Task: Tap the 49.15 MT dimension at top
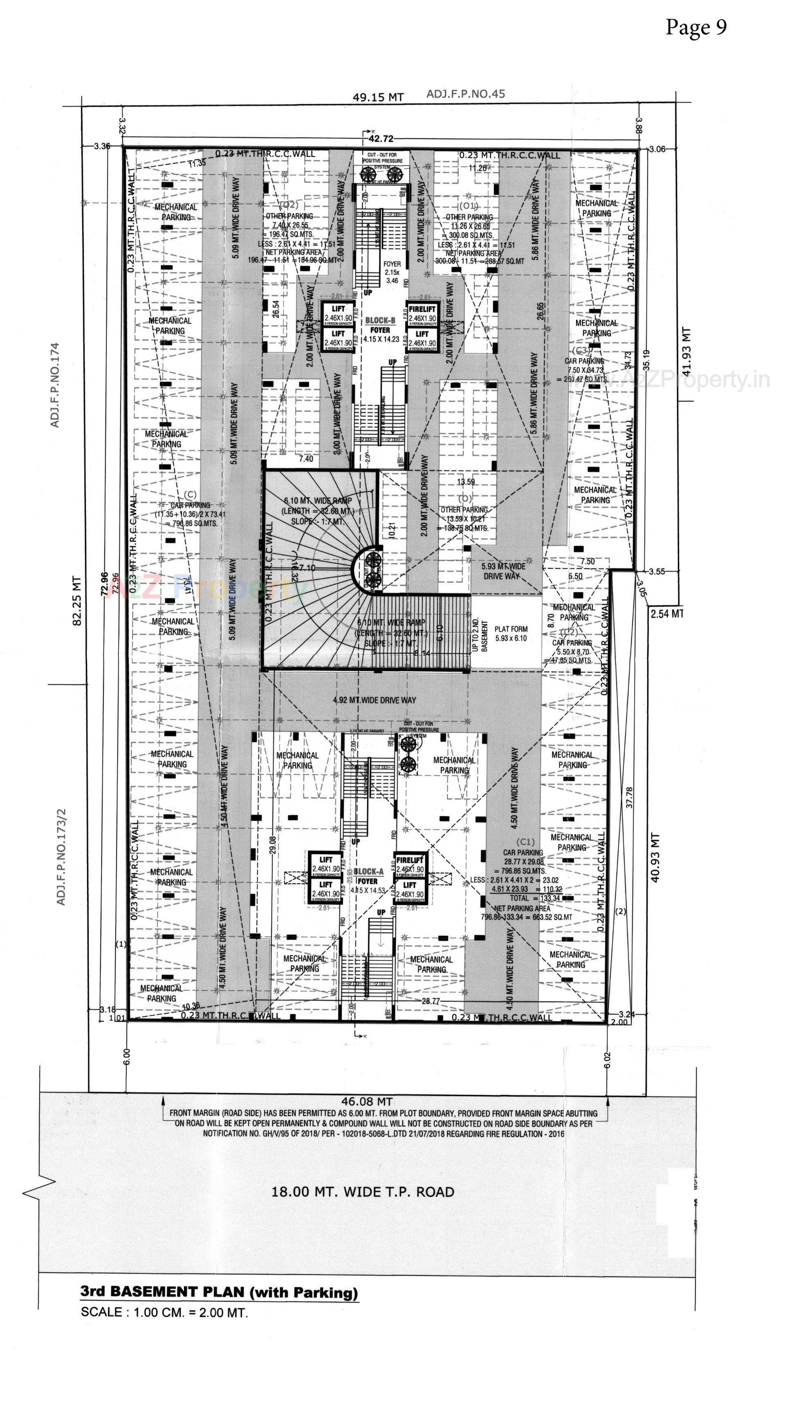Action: coord(378,97)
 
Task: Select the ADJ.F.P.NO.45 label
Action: coord(465,94)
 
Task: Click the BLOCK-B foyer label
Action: coord(380,325)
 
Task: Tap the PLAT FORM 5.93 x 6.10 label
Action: coord(510,633)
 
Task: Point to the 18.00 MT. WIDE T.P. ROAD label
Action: coord(363,1192)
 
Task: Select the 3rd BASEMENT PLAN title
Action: coord(219,1292)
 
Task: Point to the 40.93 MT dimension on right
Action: coord(655,857)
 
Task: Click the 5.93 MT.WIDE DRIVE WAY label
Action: coord(504,571)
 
